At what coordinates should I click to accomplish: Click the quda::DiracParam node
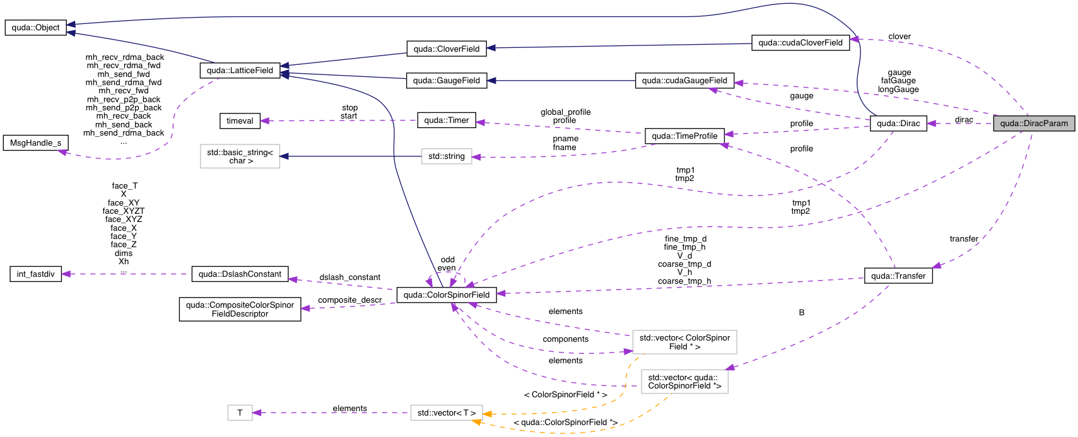[1034, 123]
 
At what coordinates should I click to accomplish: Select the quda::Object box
[35, 28]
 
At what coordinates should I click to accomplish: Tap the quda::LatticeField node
[240, 70]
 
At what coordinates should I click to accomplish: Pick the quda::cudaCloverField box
[800, 43]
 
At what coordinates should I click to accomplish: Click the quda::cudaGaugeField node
[684, 81]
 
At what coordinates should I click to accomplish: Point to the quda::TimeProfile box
[684, 136]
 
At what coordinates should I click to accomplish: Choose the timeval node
[240, 120]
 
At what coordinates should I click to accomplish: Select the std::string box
[446, 156]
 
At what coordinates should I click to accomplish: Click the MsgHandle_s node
[35, 143]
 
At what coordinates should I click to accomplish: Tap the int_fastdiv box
[35, 274]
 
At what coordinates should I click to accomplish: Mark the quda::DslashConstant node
[240, 274]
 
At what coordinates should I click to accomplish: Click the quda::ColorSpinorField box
[446, 294]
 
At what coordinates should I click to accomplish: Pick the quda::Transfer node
[898, 276]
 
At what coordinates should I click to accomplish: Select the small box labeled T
[240, 413]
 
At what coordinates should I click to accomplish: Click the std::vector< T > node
[446, 413]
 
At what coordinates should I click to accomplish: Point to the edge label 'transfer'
[963, 239]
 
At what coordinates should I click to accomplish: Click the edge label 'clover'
[899, 37]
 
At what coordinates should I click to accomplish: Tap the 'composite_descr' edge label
[349, 300]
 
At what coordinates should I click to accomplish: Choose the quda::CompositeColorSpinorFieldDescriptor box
[240, 309]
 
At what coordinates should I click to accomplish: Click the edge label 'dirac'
[963, 120]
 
